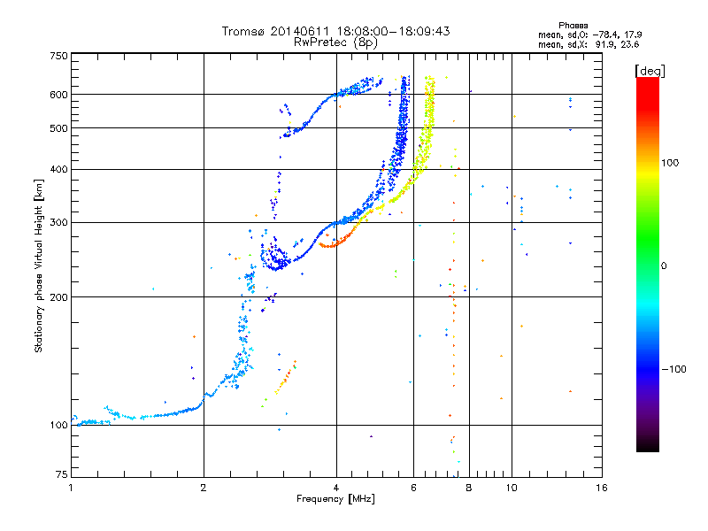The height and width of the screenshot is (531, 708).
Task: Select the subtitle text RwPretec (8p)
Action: point(335,42)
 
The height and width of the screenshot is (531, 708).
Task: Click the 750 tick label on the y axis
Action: point(58,56)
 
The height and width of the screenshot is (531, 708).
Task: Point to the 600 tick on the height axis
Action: point(58,95)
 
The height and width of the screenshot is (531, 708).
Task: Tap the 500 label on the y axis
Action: point(58,128)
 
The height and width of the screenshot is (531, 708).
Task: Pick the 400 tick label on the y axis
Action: point(58,169)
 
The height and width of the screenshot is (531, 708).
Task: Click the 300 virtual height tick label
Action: point(58,222)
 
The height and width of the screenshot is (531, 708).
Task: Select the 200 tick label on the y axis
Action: point(58,297)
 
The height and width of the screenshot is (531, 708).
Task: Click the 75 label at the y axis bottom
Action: point(62,474)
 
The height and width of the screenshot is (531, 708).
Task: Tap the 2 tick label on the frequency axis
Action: point(204,488)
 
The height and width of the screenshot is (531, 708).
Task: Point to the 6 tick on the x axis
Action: point(413,488)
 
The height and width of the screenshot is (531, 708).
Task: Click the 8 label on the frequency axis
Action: point(469,488)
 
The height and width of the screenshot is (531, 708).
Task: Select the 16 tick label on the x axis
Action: point(602,488)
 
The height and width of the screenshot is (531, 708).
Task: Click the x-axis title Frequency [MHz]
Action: point(335,499)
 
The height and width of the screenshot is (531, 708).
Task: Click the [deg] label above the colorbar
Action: point(650,71)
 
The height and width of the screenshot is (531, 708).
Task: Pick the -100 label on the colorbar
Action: point(673,369)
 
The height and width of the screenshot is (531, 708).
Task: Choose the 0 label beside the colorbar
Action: point(664,266)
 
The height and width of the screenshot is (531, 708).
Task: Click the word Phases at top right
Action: point(573,26)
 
